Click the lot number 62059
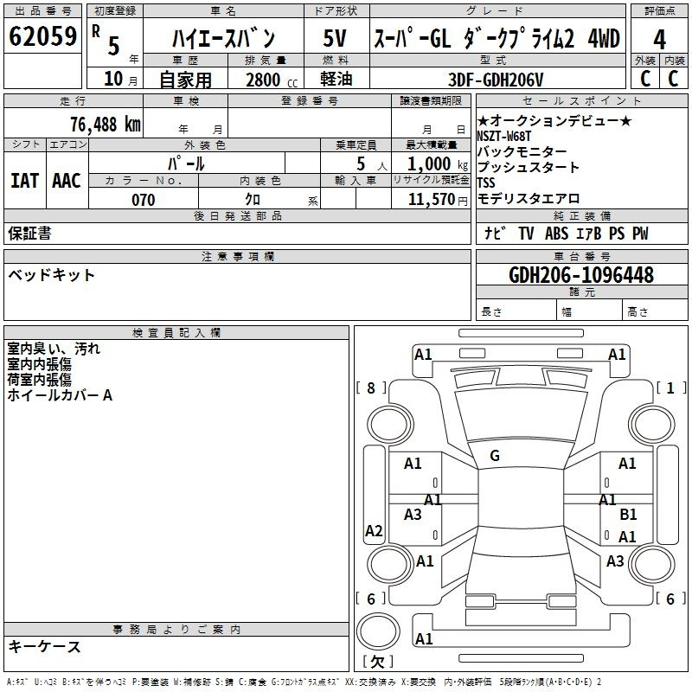click(42, 36)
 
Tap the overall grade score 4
click(659, 39)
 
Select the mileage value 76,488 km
click(106, 125)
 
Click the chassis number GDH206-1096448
click(581, 275)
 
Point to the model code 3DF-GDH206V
click(496, 80)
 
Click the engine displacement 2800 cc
click(272, 80)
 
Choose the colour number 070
click(144, 200)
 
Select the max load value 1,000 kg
click(438, 164)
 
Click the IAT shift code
click(24, 181)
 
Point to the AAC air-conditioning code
click(67, 181)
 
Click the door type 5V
click(335, 38)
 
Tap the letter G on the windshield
click(495, 456)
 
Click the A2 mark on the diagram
click(374, 530)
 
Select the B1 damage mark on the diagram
click(628, 515)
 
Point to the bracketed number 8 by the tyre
click(371, 388)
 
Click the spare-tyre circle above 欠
click(378, 631)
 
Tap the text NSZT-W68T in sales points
click(503, 136)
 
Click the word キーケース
click(45, 646)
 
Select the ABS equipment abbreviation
click(556, 234)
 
